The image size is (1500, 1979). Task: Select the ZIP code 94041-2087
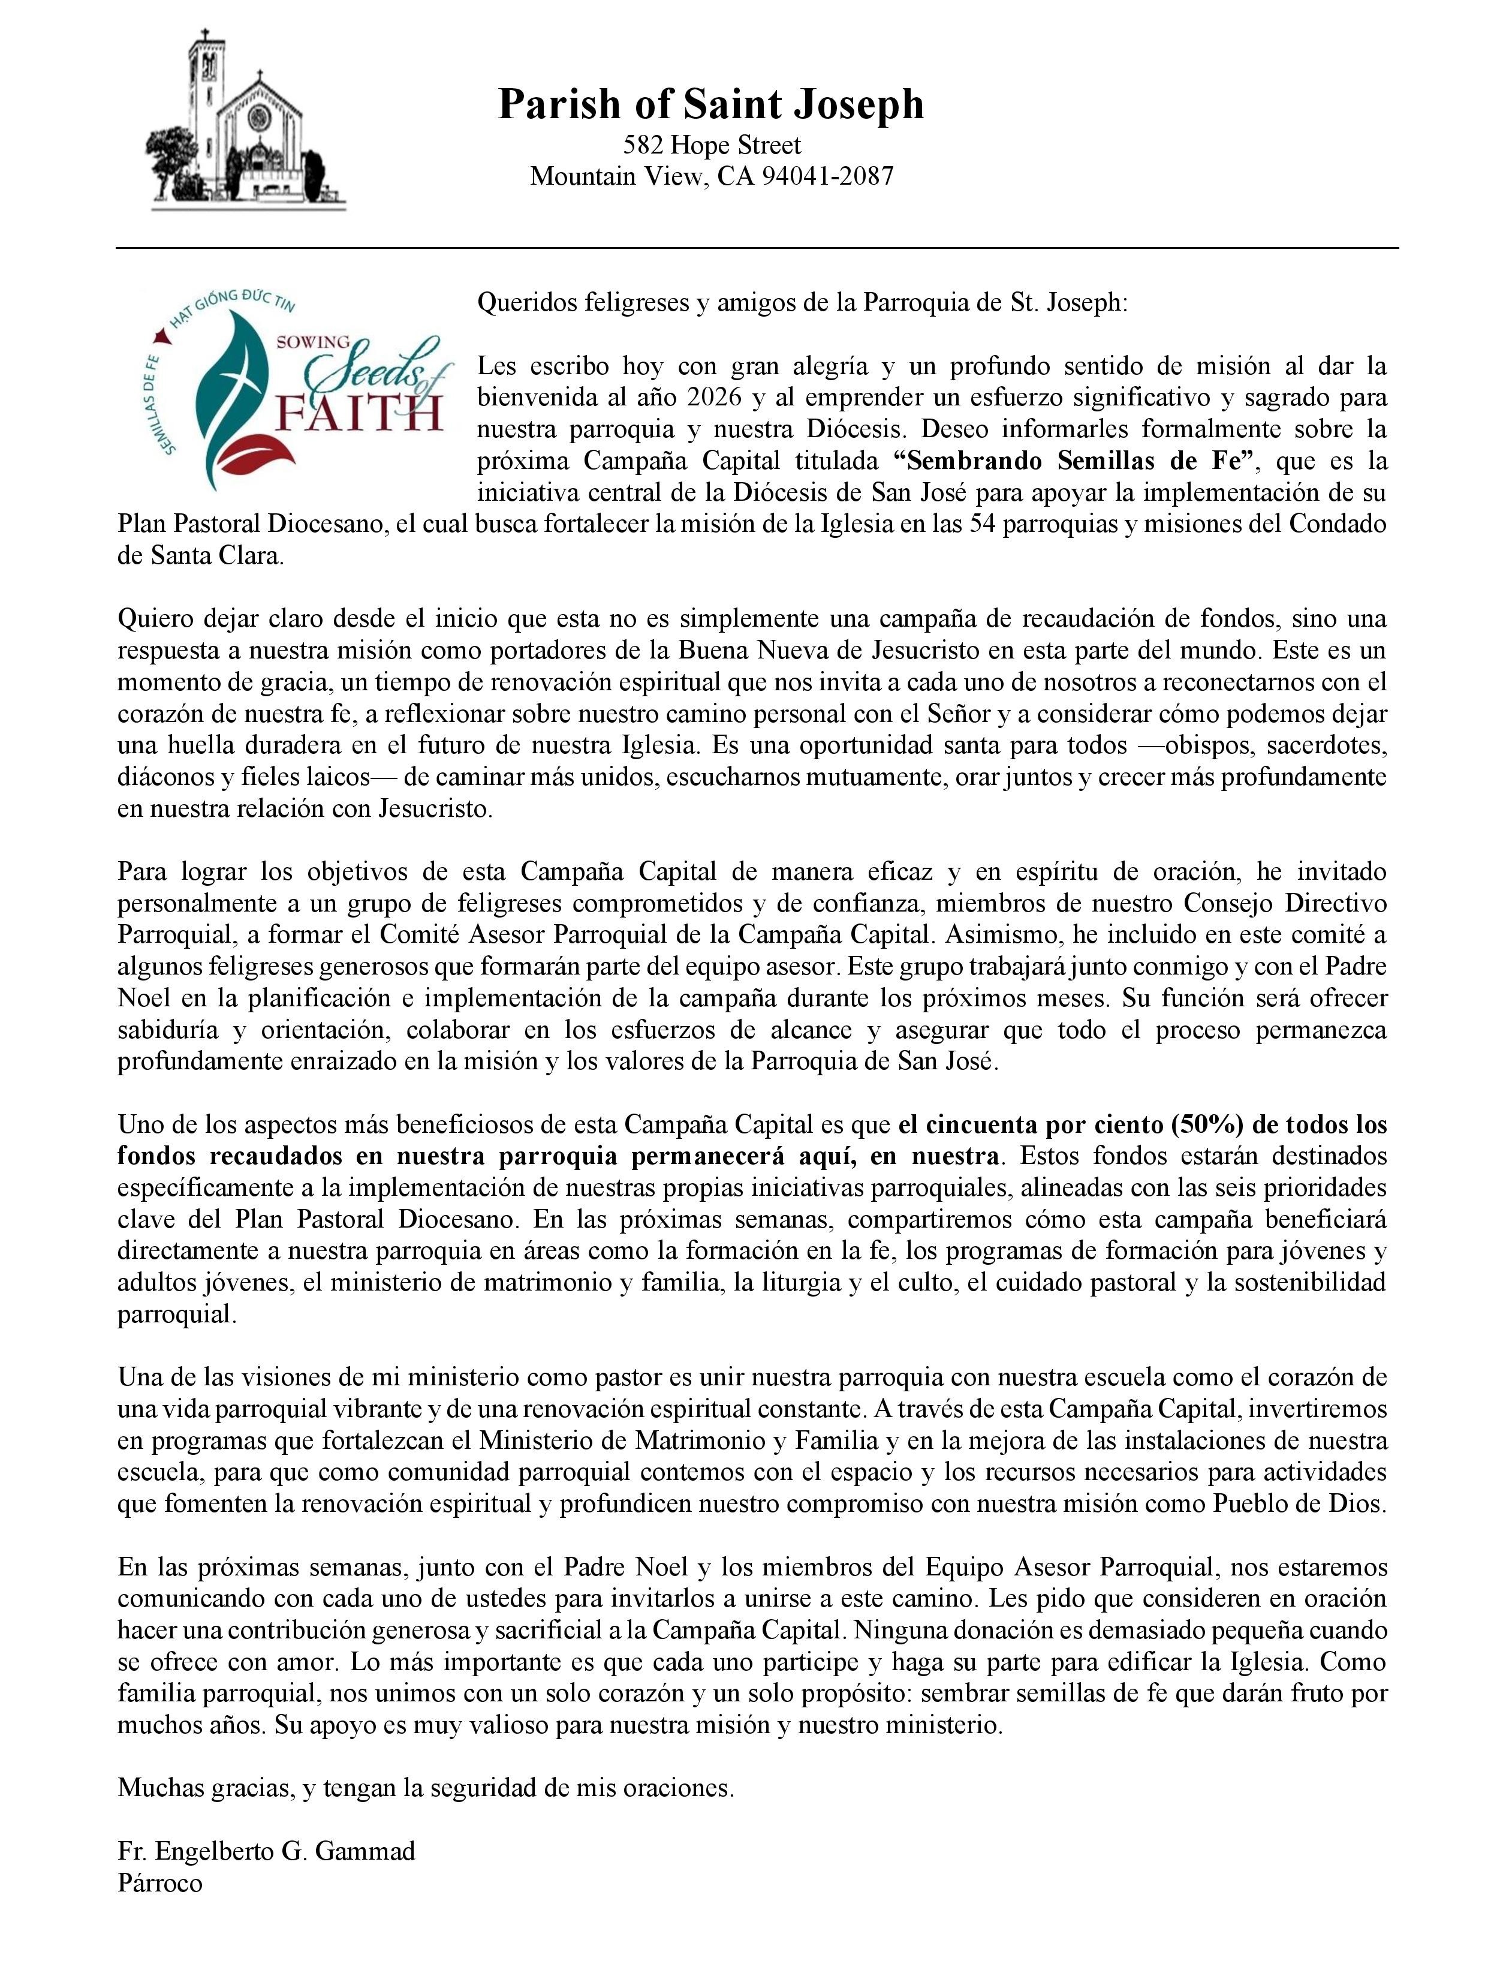tap(827, 175)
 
